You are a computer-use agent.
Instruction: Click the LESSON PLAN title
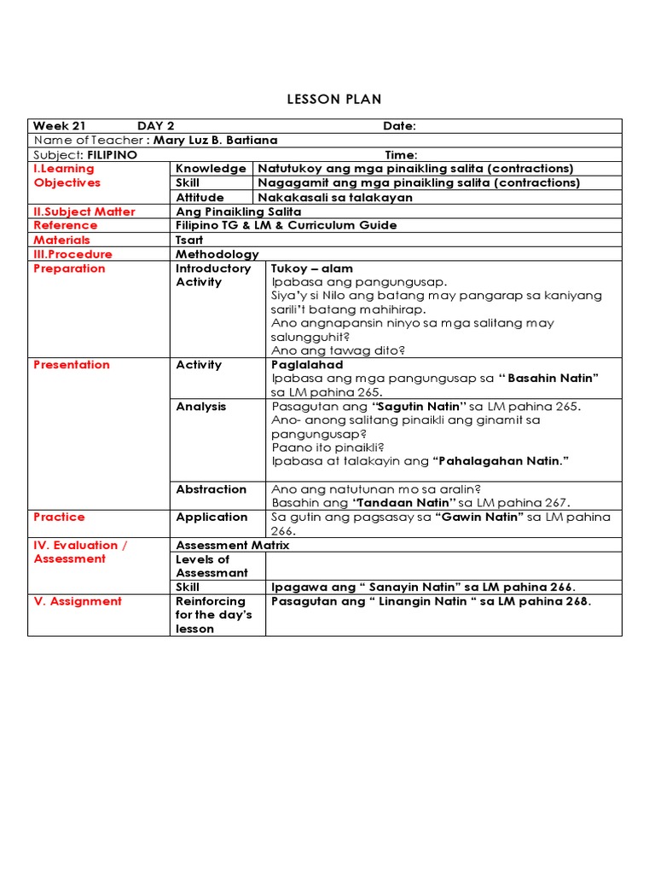(327, 99)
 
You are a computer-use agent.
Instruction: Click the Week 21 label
(59, 126)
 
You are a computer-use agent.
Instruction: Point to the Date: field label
(399, 126)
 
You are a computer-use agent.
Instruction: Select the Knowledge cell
(211, 169)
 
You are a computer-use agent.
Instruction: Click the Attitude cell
(200, 197)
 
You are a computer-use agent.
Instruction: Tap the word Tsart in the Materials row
(190, 240)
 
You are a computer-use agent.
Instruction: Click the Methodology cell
(217, 254)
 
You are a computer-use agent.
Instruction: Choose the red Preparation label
(69, 269)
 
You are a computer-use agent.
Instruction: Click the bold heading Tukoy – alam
(312, 269)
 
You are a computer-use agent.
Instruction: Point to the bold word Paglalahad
(307, 365)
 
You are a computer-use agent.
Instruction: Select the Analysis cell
(201, 407)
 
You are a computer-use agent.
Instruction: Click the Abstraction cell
(211, 489)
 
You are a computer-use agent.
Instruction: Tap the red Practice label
(59, 517)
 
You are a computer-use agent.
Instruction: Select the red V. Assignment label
(78, 601)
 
